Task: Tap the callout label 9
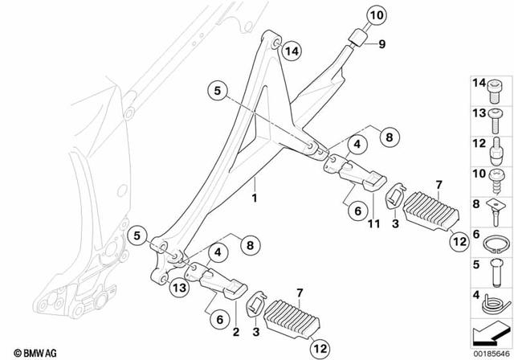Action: [x=382, y=44]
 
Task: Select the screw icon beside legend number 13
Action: [x=496, y=117]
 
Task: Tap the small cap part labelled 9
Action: [x=357, y=39]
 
